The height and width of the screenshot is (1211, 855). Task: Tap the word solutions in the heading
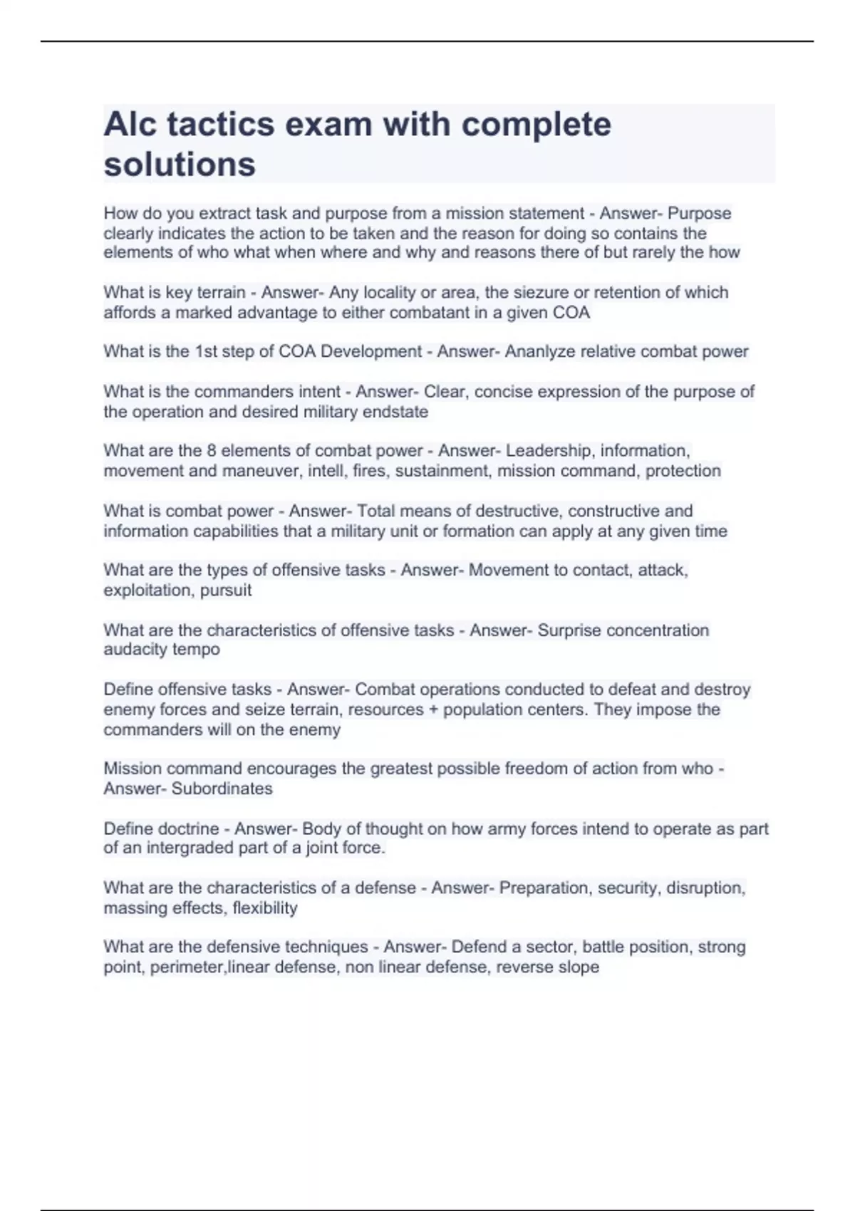(x=180, y=165)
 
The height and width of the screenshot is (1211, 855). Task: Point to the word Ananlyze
(x=540, y=352)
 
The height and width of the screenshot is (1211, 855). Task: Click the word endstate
(x=394, y=412)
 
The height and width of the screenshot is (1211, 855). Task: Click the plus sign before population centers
(x=434, y=710)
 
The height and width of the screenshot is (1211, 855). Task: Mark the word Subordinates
(x=222, y=789)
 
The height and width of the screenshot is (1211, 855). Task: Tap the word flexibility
(x=265, y=908)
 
